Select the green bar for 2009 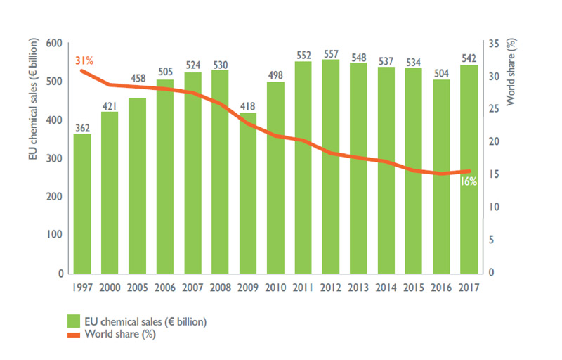tap(247, 193)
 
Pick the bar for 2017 tap(469, 169)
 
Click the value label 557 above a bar tap(331, 53)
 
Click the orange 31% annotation tap(84, 60)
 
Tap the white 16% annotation tap(469, 181)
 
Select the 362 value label tap(82, 128)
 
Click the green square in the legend tap(73, 321)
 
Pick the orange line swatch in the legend tap(73, 334)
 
